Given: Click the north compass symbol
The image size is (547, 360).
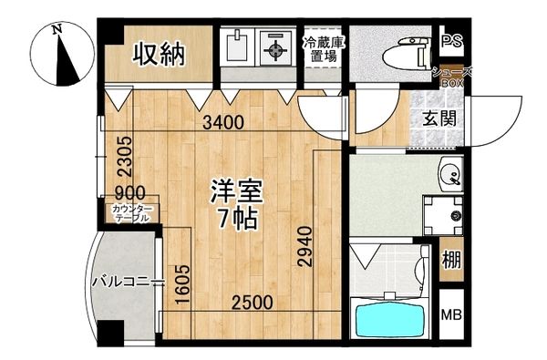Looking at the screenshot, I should (62, 57).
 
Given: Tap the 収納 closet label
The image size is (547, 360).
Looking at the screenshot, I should (160, 55).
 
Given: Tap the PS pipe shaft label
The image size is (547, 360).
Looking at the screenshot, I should (450, 42).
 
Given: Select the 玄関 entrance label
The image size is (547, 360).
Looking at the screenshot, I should (439, 118).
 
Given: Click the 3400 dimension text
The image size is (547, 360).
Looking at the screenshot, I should (223, 123).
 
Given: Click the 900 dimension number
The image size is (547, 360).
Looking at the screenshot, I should (129, 194).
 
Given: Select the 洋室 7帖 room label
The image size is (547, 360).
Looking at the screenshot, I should (237, 205).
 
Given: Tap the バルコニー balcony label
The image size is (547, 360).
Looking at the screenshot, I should (126, 281).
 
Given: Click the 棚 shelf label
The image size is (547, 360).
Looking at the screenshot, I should (451, 257).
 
